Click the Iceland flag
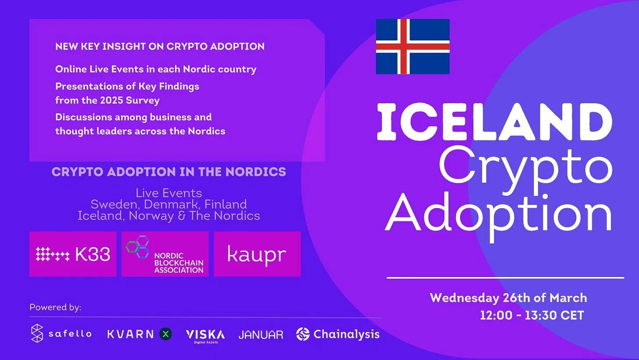(x=413, y=47)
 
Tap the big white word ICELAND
(x=495, y=122)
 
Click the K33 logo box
(x=73, y=254)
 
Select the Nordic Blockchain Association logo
(x=165, y=254)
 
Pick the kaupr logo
(x=257, y=254)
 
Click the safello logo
(x=61, y=333)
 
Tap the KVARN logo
(x=140, y=334)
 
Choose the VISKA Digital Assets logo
(x=205, y=336)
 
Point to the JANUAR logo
(x=261, y=335)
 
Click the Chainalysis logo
(x=338, y=334)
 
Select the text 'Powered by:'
(x=55, y=307)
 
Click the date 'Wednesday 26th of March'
(x=508, y=298)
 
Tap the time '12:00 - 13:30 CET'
(x=532, y=315)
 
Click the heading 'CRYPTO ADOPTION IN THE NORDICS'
(x=169, y=172)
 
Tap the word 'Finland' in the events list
(x=226, y=204)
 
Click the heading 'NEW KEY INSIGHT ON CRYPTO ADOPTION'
(x=160, y=47)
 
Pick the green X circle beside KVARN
(x=165, y=334)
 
